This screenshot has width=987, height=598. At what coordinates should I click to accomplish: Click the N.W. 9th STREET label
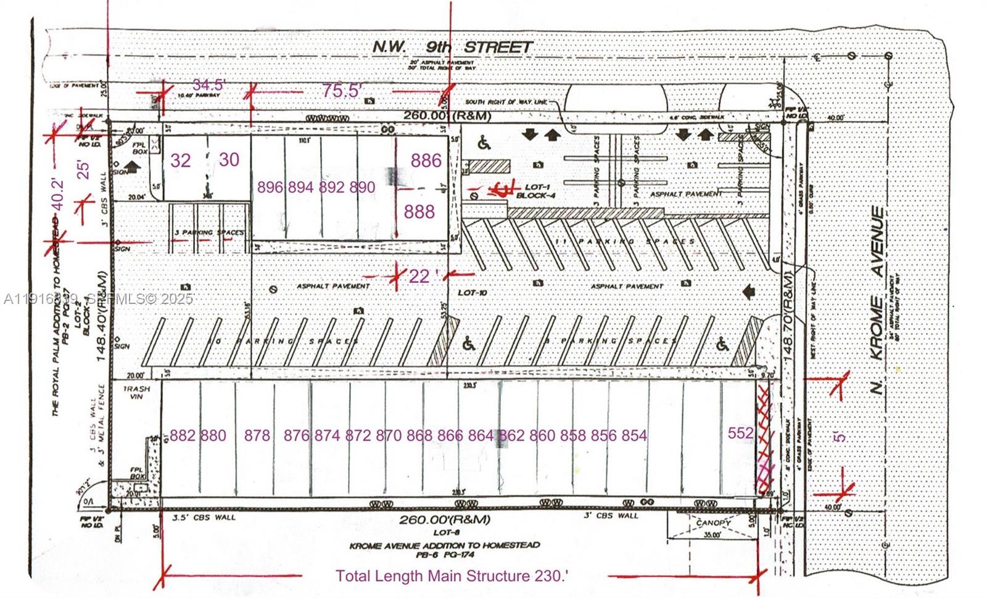pos(452,47)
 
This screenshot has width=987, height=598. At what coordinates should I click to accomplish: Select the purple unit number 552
pos(740,433)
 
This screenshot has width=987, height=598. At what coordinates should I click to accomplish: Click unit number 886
pos(426,161)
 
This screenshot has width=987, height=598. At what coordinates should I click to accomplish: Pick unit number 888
pos(419,212)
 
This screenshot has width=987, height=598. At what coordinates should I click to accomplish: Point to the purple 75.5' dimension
pos(341,91)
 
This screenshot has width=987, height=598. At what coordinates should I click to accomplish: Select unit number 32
pos(181,161)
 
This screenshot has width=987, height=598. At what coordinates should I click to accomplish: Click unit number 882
pos(182,436)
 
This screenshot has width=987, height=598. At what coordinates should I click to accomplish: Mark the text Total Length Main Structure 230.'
pos(452,576)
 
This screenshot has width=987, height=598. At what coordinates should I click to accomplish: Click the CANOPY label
pos(714,523)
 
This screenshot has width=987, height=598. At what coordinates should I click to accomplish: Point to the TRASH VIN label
pos(134,393)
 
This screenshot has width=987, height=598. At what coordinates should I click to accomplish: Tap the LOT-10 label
pos(473,292)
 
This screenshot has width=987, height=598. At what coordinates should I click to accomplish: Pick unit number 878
pos(257,436)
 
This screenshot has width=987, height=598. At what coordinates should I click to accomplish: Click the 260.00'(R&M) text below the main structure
pos(445,520)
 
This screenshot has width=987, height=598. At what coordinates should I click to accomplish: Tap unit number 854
pos(634,436)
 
